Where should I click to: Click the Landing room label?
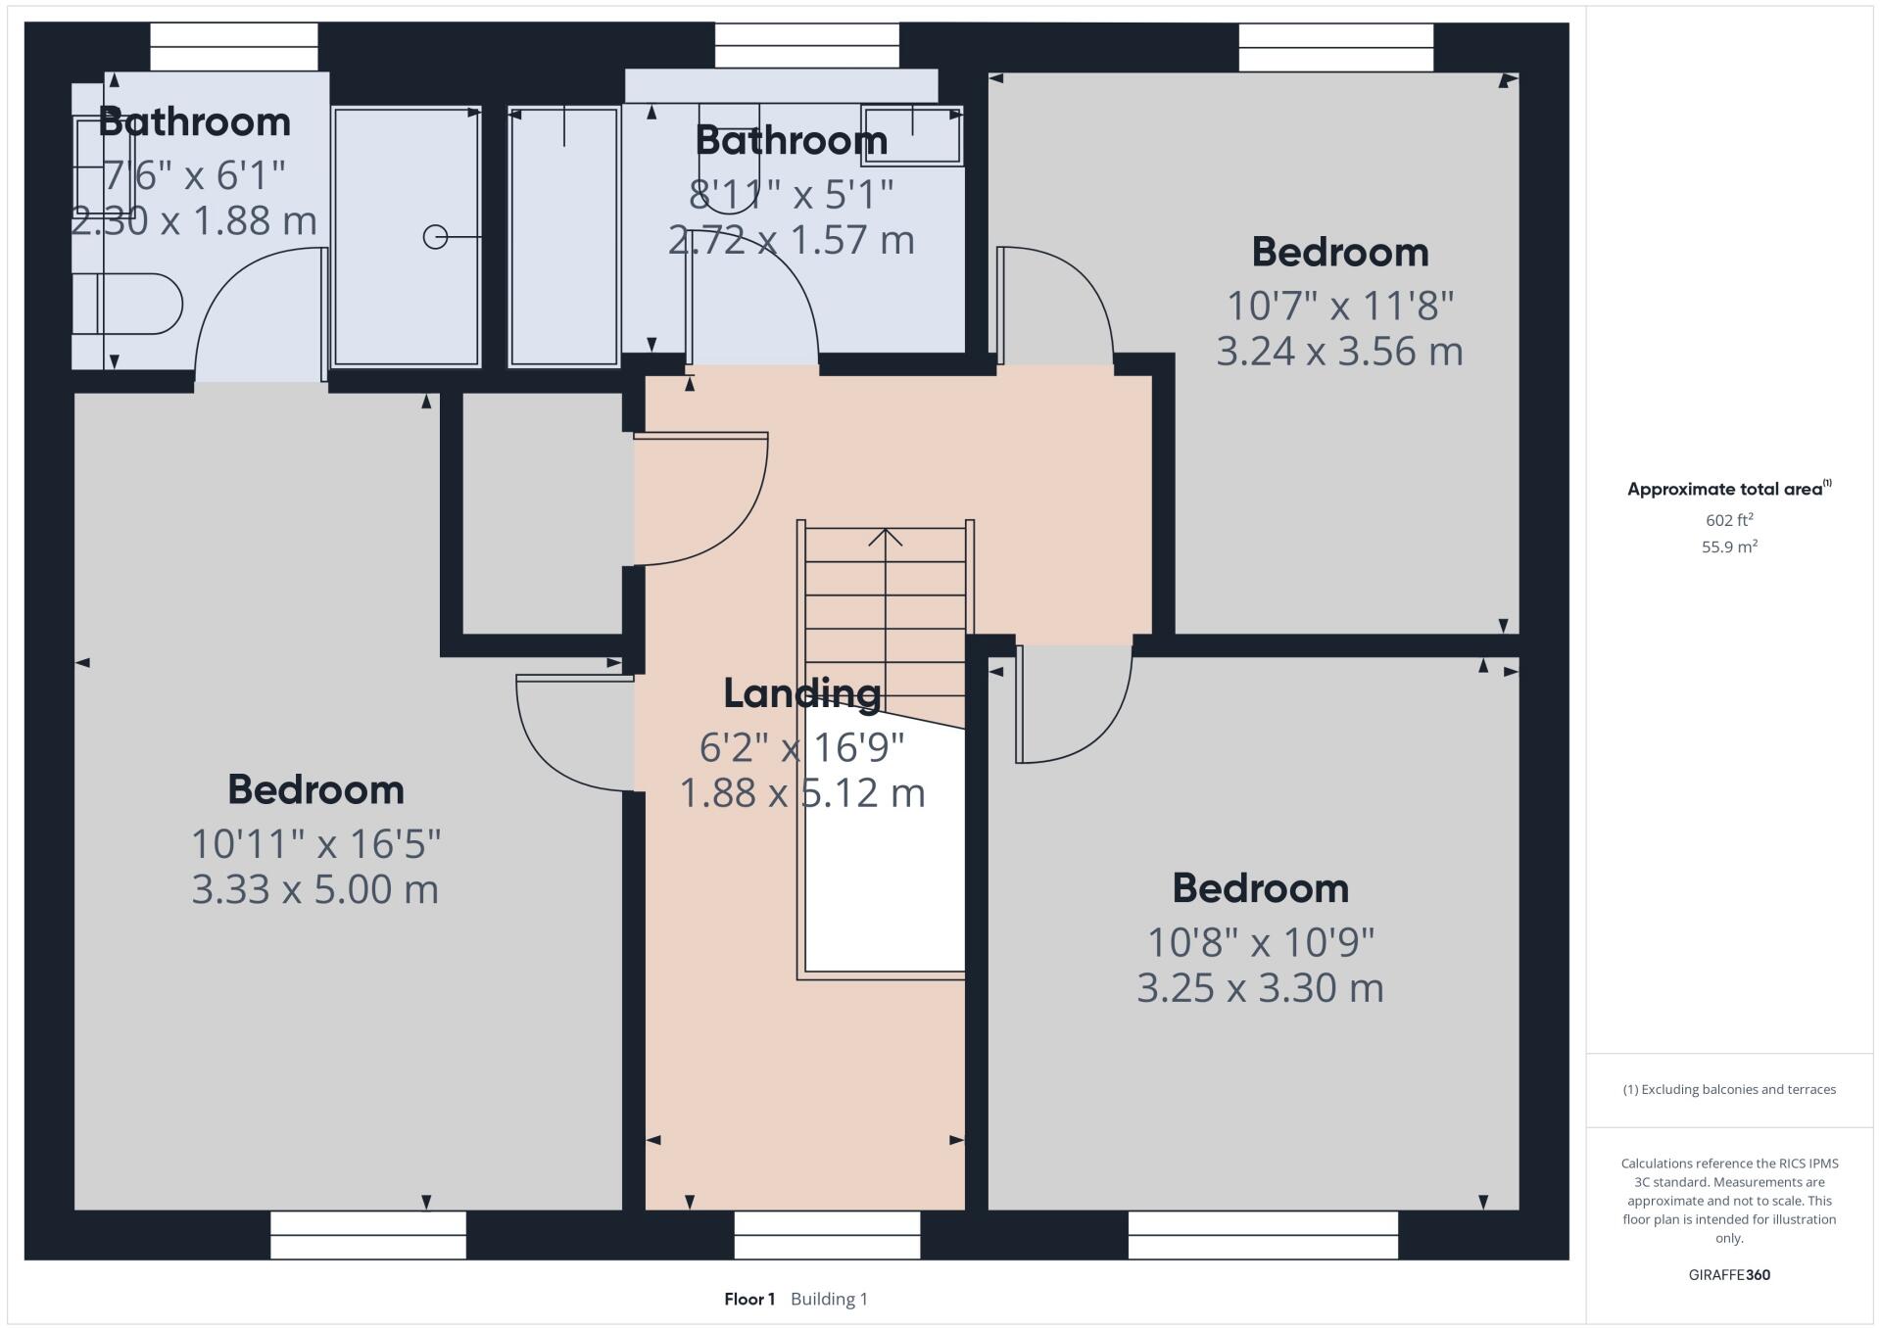801,693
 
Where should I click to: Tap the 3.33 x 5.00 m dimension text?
314,889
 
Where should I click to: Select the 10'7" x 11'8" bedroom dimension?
1339,306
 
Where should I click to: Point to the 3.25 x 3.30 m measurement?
1260,987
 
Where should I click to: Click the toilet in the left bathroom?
132,304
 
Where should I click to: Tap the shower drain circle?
435,237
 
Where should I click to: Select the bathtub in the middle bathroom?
564,237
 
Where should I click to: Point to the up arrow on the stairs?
886,538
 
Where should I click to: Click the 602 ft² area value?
1729,520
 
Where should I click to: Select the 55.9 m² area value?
1729,546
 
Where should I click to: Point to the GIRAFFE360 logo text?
1729,1274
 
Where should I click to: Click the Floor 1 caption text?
749,1299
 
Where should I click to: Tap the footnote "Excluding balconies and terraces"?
1729,1089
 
